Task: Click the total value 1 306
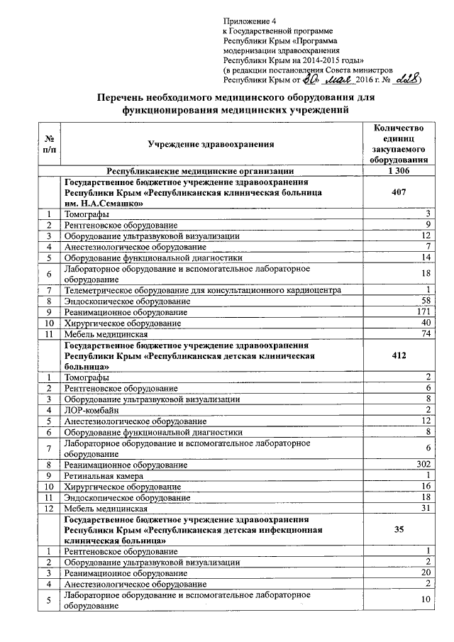(x=398, y=171)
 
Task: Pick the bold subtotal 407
(x=398, y=192)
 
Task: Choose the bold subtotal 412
(x=398, y=356)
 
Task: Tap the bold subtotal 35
(x=398, y=529)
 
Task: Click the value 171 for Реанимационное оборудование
(x=423, y=311)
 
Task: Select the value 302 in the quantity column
(x=423, y=465)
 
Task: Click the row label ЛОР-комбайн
(x=90, y=410)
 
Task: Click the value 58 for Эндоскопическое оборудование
(x=426, y=301)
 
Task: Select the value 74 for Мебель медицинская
(x=426, y=333)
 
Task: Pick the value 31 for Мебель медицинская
(x=426, y=508)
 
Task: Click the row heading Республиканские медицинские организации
(x=199, y=171)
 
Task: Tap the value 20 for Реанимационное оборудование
(x=426, y=572)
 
